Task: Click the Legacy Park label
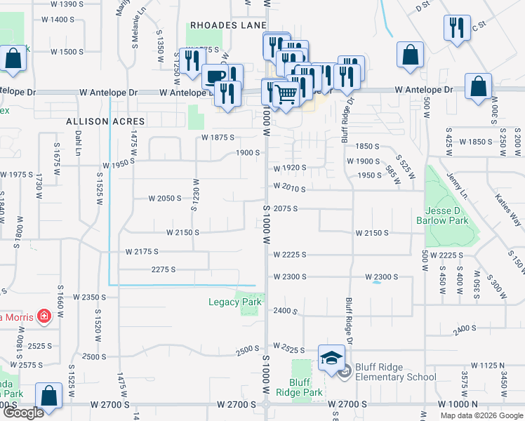pos(234,302)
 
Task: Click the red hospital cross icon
pos(44,316)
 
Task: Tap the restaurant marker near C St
pos(456,28)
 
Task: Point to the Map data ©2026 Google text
pos(481,415)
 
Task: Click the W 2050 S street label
pos(166,199)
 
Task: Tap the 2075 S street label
pos(286,209)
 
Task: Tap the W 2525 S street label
pos(288,349)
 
